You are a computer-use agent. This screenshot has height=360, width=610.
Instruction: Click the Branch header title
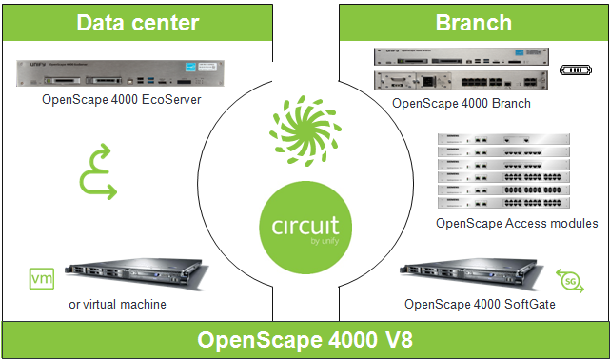(x=473, y=23)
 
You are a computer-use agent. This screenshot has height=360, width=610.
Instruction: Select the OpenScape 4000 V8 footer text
(x=305, y=341)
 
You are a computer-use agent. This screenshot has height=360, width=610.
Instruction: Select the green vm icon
(x=42, y=279)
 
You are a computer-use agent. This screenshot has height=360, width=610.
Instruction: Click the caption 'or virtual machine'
(x=118, y=305)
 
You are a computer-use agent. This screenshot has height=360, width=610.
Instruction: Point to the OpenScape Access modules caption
(x=516, y=224)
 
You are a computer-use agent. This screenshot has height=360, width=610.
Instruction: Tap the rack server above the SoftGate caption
(x=462, y=275)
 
